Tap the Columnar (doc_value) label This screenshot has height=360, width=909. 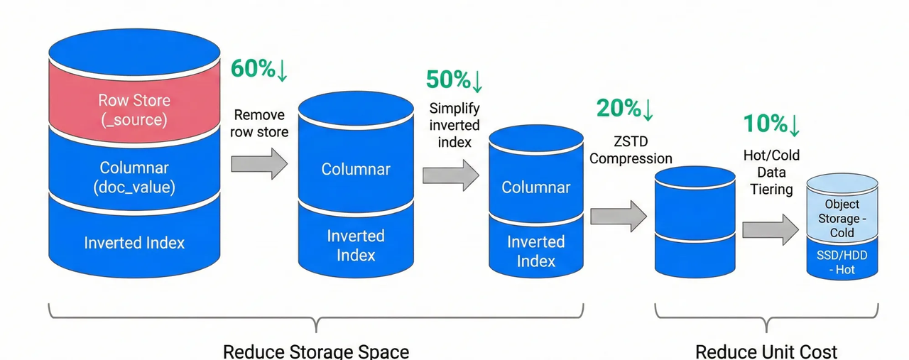coord(134,178)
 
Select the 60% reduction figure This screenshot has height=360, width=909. coord(259,69)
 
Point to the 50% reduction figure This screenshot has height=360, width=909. coord(454,80)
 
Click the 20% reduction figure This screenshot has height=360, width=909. coord(624,109)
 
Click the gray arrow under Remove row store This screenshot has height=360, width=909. coord(258,164)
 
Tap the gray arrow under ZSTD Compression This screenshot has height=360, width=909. coord(618,215)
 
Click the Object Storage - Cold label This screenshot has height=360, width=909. coord(842,218)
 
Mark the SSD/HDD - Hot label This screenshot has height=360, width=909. coord(842,262)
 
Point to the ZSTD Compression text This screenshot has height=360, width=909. coord(631,150)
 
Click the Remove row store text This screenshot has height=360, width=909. coord(259,123)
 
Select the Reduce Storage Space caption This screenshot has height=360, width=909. coord(315,351)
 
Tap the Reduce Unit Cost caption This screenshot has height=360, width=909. coord(766,351)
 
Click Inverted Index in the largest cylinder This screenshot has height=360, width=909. coord(134,243)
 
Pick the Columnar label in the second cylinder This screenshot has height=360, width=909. coord(355,169)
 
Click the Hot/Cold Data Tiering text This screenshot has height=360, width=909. coord(771,171)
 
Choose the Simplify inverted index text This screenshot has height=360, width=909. coord(454,125)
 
